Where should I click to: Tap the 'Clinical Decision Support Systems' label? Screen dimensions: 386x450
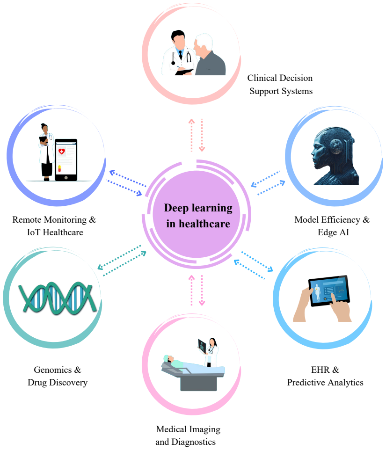pyautogui.click(x=280, y=84)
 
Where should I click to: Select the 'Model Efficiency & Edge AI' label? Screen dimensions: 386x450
pyautogui.click(x=332, y=226)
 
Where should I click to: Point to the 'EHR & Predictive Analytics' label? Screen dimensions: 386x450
pyautogui.click(x=325, y=376)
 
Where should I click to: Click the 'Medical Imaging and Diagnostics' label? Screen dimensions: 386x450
pyautogui.click(x=188, y=435)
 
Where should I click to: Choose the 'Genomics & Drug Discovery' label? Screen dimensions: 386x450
pyautogui.click(x=58, y=376)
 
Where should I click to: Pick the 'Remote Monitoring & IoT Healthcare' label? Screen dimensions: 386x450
pyautogui.click(x=54, y=226)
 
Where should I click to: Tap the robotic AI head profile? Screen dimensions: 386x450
pyautogui.click(x=335, y=156)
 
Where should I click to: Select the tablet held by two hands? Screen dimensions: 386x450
pyautogui.click(x=329, y=290)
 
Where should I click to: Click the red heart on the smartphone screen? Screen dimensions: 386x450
pyautogui.click(x=62, y=151)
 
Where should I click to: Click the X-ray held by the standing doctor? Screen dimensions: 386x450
pyautogui.click(x=202, y=346)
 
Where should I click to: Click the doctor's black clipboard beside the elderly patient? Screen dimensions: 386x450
pyautogui.click(x=184, y=72)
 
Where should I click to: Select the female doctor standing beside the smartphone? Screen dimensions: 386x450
pyautogui.click(x=46, y=152)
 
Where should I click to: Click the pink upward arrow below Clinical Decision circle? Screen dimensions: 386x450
pyautogui.click(x=191, y=135)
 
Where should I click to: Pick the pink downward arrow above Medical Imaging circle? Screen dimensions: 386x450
pyautogui.click(x=202, y=290)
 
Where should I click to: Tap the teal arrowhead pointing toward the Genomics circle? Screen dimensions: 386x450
pyautogui.click(x=101, y=267)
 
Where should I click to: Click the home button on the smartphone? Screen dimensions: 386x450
pyautogui.click(x=66, y=178)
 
